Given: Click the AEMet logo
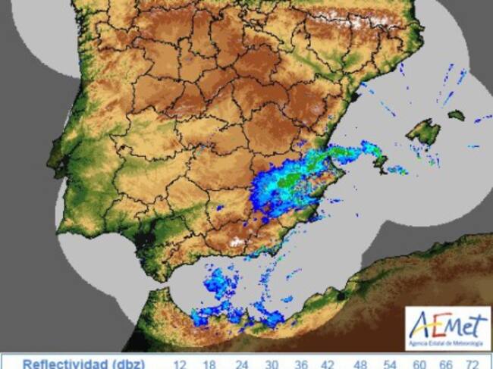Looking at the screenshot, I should tap(447, 328).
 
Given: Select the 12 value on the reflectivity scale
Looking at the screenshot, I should tap(180, 364).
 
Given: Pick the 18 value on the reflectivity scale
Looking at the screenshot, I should tap(209, 364).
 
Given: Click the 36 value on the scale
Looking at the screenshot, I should tap(300, 364).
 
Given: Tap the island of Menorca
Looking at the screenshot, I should tap(456, 115).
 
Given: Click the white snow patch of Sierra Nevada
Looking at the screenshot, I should tap(238, 242).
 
